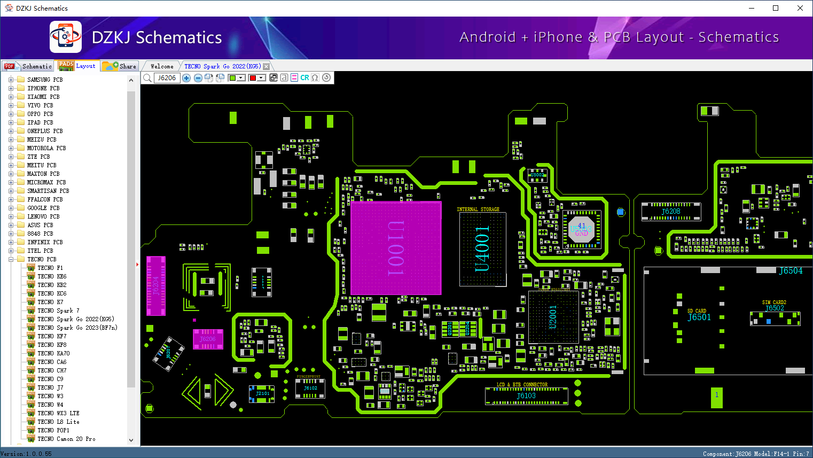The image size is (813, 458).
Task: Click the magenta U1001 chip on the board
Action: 396,247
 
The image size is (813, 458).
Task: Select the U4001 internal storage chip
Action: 482,249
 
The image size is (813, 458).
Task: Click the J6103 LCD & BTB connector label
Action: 526,396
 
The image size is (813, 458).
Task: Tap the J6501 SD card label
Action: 699,317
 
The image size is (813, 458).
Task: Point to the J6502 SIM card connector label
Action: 775,308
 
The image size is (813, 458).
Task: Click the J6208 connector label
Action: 671,212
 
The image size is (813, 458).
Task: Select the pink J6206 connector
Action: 208,339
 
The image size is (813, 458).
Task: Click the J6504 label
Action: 791,271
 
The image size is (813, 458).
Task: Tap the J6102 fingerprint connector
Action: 310,389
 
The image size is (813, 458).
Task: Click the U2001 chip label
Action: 553,317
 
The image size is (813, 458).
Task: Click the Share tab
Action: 121,66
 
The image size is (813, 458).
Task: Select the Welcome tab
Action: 162,66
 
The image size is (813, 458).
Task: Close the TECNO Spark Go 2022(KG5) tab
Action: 266,67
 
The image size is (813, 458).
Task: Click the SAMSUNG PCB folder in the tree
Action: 45,80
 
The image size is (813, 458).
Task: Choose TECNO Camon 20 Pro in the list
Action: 66,439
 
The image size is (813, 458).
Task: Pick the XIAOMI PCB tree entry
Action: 43,97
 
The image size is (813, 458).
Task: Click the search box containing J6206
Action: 167,78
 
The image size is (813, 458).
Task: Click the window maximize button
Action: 776,8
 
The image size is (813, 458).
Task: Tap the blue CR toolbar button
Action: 304,78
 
